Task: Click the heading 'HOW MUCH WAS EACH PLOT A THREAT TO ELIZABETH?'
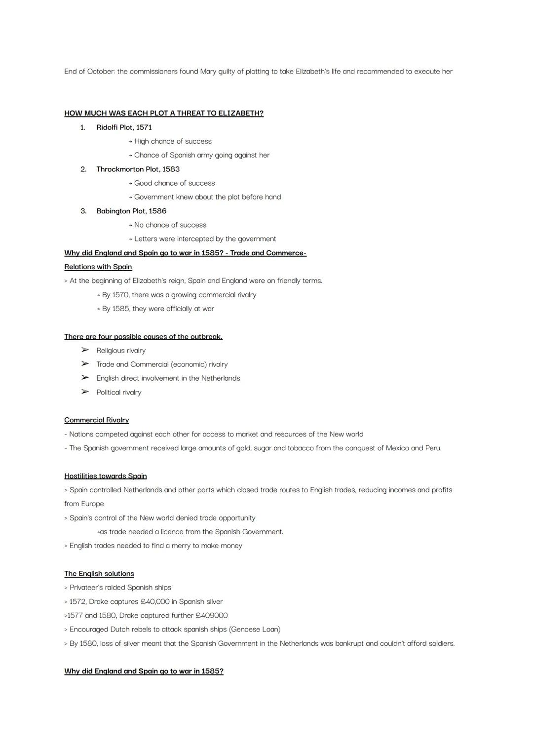pyautogui.click(x=163, y=113)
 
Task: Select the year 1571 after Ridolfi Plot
pyautogui.click(x=144, y=127)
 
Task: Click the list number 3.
pyautogui.click(x=83, y=211)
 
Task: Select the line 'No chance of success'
pyautogui.click(x=170, y=225)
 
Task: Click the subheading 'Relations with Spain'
pyautogui.click(x=98, y=267)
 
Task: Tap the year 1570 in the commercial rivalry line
pyautogui.click(x=121, y=295)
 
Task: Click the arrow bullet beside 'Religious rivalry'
pyautogui.click(x=85, y=350)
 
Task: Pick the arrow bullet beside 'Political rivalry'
pyautogui.click(x=85, y=392)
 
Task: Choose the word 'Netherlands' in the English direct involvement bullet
pyautogui.click(x=220, y=378)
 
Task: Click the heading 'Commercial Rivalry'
pyautogui.click(x=96, y=420)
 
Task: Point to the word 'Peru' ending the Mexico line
pyautogui.click(x=432, y=448)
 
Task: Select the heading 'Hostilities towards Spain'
pyautogui.click(x=105, y=476)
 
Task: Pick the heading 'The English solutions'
pyautogui.click(x=99, y=574)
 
